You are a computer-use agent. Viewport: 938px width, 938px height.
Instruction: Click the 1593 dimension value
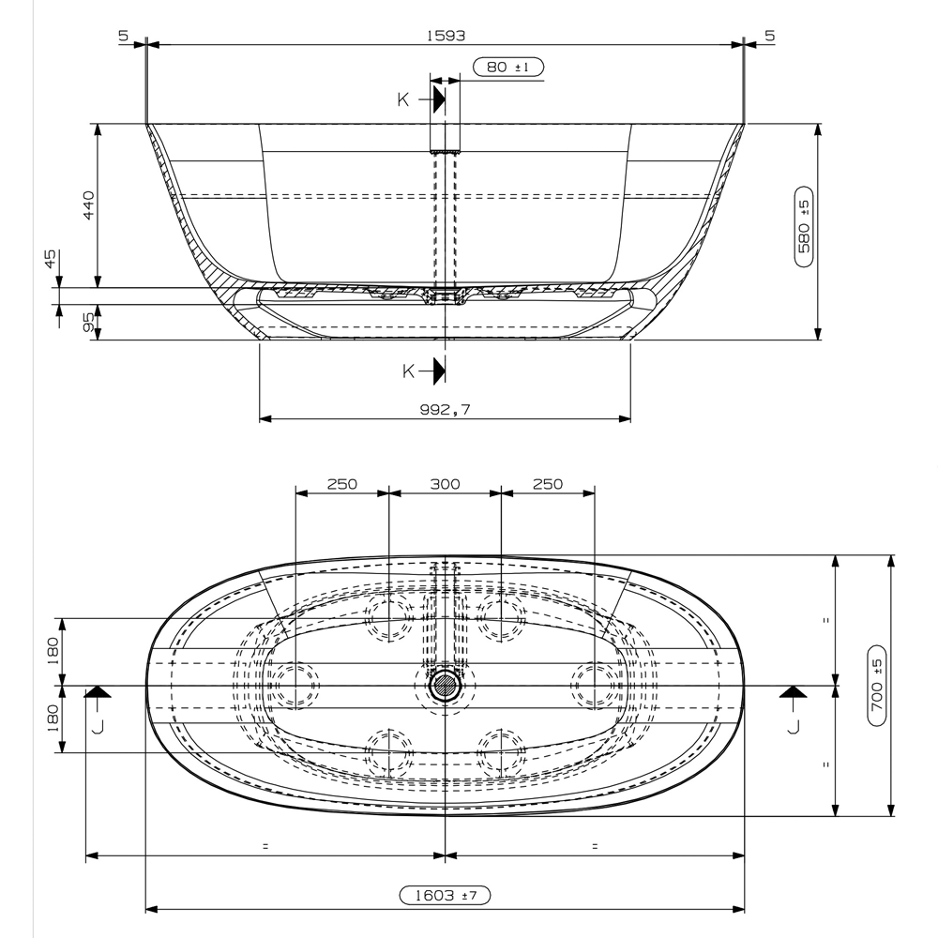(x=446, y=35)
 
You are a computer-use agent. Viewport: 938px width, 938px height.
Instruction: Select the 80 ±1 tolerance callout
(x=508, y=68)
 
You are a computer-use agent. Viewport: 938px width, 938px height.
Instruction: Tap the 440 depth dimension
(x=89, y=204)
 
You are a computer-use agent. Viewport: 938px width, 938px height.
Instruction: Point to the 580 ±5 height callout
(x=804, y=232)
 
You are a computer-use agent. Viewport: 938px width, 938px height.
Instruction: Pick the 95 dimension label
(x=89, y=322)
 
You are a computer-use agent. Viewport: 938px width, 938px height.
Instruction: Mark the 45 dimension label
(x=51, y=258)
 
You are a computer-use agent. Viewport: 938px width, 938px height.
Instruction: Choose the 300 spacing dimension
(x=445, y=484)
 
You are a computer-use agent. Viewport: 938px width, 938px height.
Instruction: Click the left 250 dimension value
(x=341, y=484)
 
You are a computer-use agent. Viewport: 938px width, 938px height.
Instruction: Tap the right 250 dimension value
(x=547, y=484)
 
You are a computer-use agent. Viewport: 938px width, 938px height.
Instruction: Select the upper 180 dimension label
(x=53, y=648)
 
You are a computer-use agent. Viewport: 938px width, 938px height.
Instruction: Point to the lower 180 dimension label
(x=53, y=719)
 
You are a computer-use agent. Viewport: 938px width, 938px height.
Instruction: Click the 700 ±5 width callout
(x=877, y=686)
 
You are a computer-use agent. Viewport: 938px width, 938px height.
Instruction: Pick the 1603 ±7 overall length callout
(x=446, y=896)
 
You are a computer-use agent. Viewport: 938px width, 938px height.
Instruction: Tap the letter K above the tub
(x=402, y=99)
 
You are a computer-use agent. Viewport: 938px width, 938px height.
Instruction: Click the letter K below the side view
(x=408, y=371)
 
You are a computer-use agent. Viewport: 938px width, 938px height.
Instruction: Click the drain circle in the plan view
(x=445, y=686)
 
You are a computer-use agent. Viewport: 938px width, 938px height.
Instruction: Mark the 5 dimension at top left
(x=123, y=35)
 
